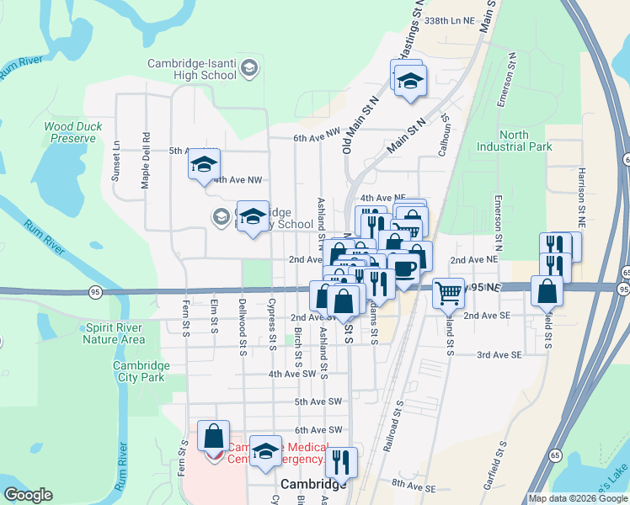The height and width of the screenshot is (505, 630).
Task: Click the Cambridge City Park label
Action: (x=141, y=372)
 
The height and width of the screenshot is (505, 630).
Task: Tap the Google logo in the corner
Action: (x=28, y=495)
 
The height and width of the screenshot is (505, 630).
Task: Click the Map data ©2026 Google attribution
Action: (x=578, y=498)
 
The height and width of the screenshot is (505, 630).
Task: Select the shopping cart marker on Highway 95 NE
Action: (x=449, y=294)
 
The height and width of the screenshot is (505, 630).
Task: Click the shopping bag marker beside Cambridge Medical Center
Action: (x=213, y=436)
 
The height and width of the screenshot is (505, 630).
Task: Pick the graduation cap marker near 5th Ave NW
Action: (x=204, y=164)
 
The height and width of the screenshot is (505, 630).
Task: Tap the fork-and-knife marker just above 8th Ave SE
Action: (x=341, y=461)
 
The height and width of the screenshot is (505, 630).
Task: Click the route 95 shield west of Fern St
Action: (x=95, y=291)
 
